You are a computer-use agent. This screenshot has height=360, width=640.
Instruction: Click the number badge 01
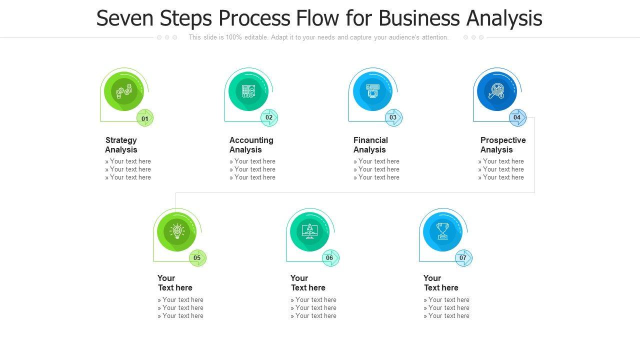pos(145,118)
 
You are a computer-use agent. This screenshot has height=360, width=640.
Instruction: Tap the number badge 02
pos(269,118)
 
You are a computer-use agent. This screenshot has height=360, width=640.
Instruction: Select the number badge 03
pos(393,118)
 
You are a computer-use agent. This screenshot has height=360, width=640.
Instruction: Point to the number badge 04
pos(517,118)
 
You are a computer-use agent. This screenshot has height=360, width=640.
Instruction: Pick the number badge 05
pos(197,258)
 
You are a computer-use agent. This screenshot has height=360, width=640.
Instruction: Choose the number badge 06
pos(330,258)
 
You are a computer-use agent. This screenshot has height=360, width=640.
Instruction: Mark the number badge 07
pos(463,258)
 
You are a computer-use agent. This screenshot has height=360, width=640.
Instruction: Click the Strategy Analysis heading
pos(121,145)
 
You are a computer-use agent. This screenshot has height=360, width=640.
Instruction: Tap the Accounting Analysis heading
pos(251,145)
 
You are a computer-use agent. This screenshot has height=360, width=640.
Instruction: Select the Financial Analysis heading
pos(370,145)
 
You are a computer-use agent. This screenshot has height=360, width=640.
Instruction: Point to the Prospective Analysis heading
pos(502,145)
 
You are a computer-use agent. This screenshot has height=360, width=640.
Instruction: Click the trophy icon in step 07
pos(442,231)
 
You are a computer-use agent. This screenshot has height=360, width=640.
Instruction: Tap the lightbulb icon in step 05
pos(176,231)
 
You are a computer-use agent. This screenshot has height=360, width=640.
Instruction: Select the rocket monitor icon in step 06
pos(309,231)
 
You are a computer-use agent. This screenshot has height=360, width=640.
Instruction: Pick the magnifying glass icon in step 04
pos(496,91)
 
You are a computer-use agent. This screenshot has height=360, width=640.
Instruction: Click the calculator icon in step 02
pos(248,91)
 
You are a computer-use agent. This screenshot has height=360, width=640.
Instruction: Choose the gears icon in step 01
pos(123,91)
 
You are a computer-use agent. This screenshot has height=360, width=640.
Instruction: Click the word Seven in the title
pos(125,18)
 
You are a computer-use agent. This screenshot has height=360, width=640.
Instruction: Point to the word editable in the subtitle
pos(256,37)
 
